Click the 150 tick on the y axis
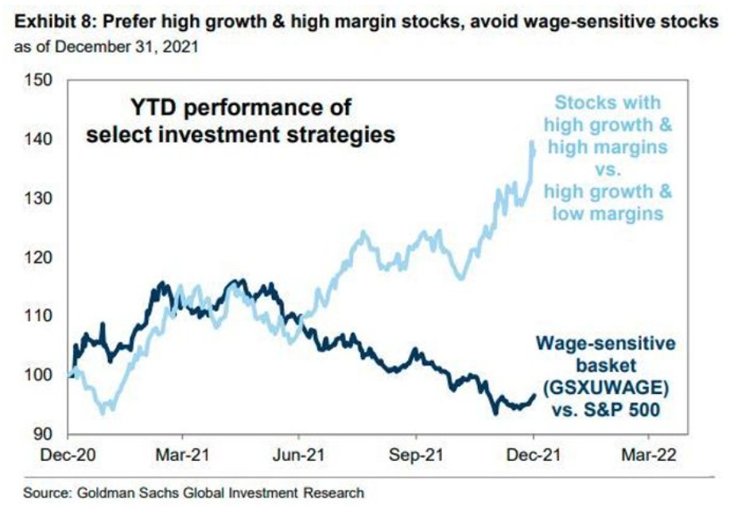click(x=41, y=80)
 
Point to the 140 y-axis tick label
click(x=41, y=139)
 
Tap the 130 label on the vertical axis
click(x=41, y=198)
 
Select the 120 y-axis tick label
click(x=41, y=257)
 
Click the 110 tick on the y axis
click(x=41, y=316)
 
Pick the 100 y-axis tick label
click(x=41, y=375)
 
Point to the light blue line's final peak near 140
click(x=531, y=142)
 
